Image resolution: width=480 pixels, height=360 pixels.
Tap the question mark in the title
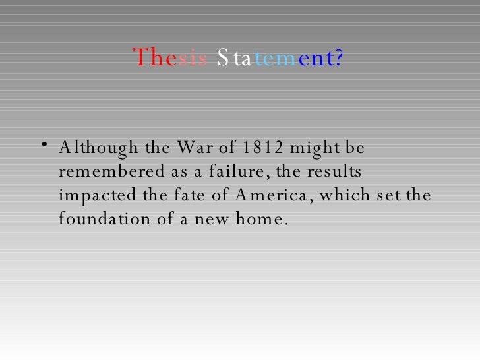339,59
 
